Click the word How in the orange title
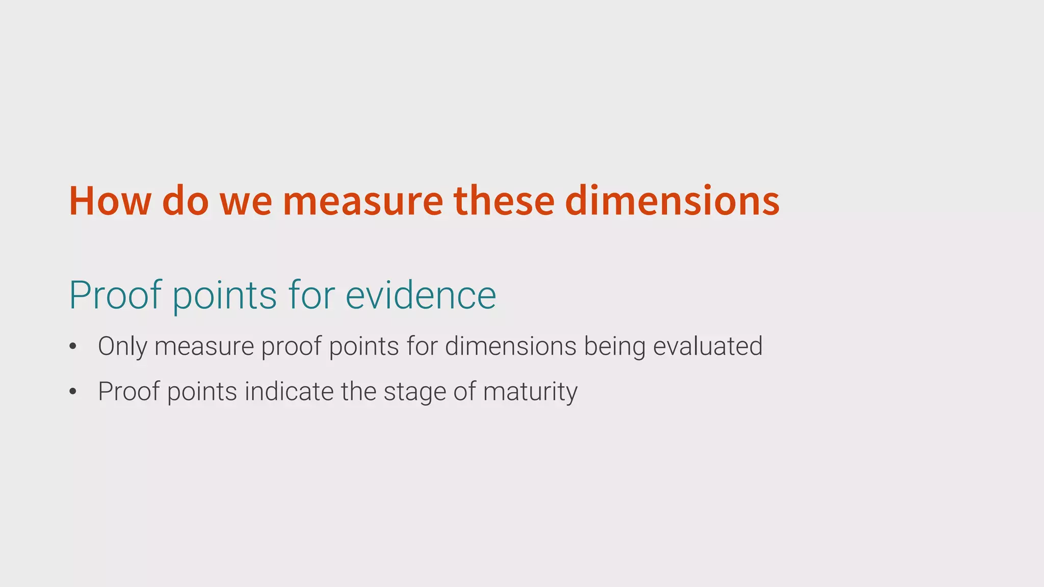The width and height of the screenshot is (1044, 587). click(x=110, y=201)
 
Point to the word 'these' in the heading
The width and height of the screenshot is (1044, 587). click(x=504, y=201)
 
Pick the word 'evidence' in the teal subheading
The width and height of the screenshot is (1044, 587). click(x=421, y=295)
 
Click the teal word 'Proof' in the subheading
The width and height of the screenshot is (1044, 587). click(x=115, y=295)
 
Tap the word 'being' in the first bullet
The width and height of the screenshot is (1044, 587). click(x=614, y=347)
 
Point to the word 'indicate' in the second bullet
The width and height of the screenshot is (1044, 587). click(x=289, y=391)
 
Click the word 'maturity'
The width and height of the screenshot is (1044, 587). click(x=530, y=392)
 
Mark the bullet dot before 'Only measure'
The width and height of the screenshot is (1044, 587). click(x=73, y=347)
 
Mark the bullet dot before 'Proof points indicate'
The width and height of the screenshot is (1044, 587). click(x=73, y=392)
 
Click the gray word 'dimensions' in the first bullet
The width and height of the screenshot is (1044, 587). click(x=511, y=346)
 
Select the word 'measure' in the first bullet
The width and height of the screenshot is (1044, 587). click(x=204, y=347)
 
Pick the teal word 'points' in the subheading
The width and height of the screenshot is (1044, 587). click(x=224, y=296)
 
